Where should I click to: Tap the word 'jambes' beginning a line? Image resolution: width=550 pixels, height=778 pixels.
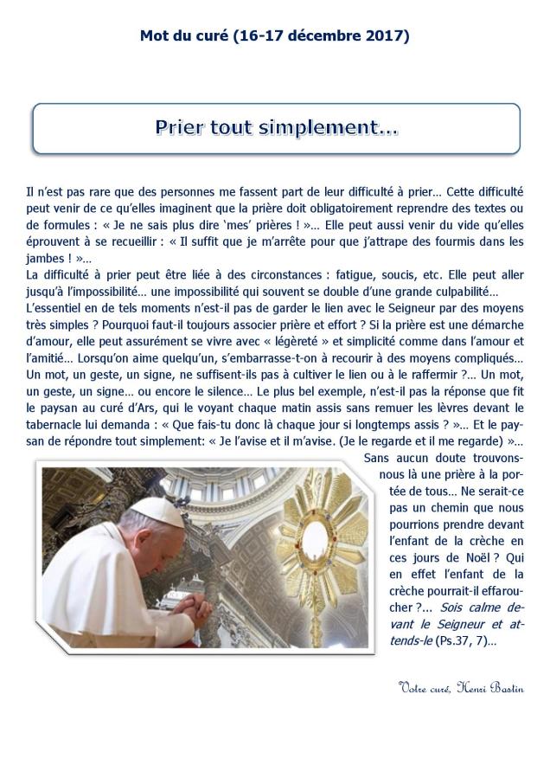47,258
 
